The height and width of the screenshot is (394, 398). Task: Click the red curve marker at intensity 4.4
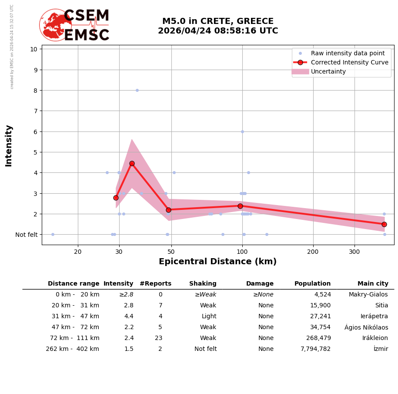[132, 164]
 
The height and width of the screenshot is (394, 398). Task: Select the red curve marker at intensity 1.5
[384, 224]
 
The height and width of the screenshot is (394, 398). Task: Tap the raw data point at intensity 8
[137, 91]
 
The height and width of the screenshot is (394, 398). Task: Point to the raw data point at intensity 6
[242, 131]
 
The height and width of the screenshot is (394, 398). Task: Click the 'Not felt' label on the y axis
[27, 235]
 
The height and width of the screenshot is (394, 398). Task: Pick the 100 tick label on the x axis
[242, 252]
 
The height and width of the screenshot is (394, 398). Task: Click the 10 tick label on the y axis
[33, 49]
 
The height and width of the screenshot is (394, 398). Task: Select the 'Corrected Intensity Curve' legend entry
[349, 62]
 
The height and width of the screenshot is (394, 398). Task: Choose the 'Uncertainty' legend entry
[328, 71]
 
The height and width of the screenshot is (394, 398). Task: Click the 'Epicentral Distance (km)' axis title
[217, 262]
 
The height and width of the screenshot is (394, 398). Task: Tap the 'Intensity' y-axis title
[9, 145]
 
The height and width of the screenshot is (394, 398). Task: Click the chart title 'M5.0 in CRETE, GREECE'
[218, 21]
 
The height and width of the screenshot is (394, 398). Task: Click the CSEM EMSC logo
[74, 25]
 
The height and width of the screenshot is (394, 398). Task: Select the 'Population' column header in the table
[312, 284]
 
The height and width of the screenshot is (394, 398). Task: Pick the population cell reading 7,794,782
[315, 349]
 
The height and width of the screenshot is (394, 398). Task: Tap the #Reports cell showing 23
[159, 338]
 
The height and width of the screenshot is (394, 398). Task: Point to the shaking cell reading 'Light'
[209, 317]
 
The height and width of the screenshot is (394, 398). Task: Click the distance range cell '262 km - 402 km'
[73, 349]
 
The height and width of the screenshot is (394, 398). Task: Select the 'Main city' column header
[373, 284]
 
